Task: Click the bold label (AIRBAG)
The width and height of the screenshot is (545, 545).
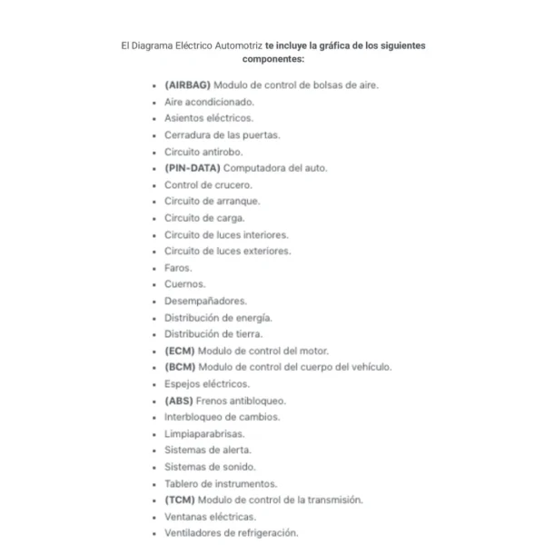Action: pos(187,84)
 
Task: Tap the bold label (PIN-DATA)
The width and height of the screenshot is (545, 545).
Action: pos(192,168)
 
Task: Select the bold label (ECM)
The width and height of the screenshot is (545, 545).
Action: pos(180,351)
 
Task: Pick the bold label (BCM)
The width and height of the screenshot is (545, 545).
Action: pos(180,367)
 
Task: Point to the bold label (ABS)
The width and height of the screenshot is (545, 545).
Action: pos(180,401)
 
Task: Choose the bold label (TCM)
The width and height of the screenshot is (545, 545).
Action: pos(180,500)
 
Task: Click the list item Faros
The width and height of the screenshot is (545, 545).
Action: pos(178,268)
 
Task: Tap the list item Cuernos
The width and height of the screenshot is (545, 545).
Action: pos(184,284)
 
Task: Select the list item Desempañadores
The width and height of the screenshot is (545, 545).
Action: pos(205,301)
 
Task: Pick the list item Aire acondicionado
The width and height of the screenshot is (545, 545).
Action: pos(209,102)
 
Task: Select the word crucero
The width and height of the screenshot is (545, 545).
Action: pos(233,184)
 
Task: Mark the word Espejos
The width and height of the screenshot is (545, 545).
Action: pos(183,384)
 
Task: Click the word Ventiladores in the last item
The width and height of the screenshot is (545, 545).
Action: pos(194,533)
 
